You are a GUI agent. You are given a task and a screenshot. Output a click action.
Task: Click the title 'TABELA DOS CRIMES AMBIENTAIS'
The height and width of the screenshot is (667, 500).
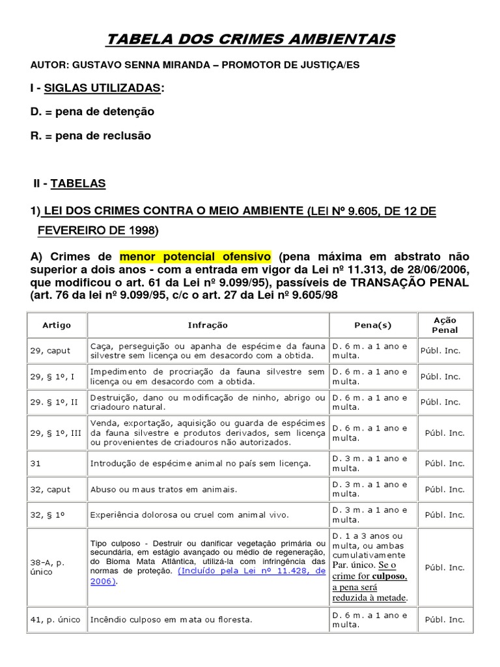pos(251,40)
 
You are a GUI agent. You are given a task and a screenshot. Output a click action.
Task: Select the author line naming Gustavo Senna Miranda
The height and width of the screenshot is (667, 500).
pos(195,65)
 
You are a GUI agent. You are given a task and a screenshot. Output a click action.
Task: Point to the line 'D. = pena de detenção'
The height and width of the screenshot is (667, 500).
pos(92,111)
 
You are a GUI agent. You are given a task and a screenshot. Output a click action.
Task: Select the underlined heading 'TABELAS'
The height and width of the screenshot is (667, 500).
pos(77,184)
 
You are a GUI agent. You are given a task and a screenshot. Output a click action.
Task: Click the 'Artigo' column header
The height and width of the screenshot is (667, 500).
pos(57,325)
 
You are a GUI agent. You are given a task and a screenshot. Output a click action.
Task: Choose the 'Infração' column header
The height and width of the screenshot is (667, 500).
pos(208,325)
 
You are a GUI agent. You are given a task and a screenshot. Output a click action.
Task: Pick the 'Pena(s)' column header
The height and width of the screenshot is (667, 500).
pos(373,325)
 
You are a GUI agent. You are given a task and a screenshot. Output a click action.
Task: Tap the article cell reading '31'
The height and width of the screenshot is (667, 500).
pos(36,463)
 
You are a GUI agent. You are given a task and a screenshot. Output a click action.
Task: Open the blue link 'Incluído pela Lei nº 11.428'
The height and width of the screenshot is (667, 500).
pos(252,571)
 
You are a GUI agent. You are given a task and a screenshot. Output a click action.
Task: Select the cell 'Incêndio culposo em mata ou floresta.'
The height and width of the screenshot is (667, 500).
pos(171,619)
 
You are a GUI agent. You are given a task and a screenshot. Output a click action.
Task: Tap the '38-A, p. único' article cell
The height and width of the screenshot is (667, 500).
pos(48,567)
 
